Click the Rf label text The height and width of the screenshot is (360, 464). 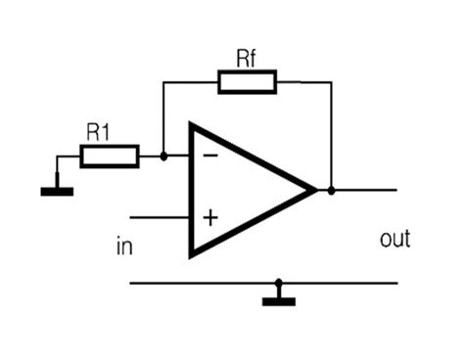point(247,58)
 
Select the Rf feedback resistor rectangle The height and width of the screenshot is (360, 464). point(247,82)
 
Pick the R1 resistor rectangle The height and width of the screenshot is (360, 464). point(108,156)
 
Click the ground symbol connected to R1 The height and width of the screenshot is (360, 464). point(57,189)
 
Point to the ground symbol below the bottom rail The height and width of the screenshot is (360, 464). point(279,300)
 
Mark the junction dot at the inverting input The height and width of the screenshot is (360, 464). point(162,156)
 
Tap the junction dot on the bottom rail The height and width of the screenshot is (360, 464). point(279,284)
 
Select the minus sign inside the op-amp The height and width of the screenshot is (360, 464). point(209,156)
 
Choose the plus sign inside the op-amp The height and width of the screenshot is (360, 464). point(209,217)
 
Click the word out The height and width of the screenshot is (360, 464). point(394,239)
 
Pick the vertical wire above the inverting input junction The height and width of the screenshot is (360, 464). point(162,117)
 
